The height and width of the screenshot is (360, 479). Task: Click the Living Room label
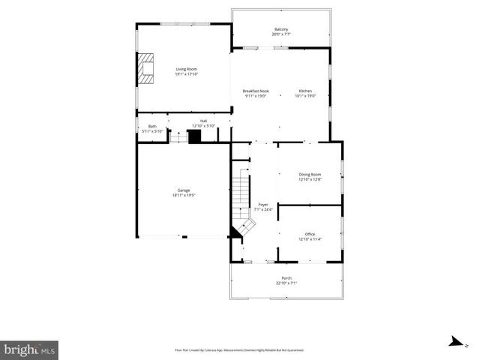tap(181, 70)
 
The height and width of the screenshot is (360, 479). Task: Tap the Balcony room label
tap(281, 29)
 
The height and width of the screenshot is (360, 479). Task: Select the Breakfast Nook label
tap(256, 91)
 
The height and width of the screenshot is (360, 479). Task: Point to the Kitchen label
tap(305, 91)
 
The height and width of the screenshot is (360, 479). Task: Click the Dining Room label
tap(310, 174)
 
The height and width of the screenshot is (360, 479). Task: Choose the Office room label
tap(310, 234)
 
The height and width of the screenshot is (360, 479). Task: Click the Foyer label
tap(263, 204)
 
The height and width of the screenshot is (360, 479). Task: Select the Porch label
tap(286, 278)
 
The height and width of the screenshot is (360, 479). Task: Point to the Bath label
tap(152, 126)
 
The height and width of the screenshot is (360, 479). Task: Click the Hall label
tap(203, 121)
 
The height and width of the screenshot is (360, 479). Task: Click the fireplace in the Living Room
tap(145, 68)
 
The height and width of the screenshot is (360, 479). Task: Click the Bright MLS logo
tap(29, 349)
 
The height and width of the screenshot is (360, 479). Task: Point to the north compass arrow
tap(454, 342)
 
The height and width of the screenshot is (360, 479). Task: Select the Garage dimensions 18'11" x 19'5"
tap(183, 195)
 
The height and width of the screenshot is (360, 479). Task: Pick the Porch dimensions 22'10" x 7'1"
tap(286, 283)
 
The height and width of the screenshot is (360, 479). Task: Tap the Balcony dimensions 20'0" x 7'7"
tap(281, 34)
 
